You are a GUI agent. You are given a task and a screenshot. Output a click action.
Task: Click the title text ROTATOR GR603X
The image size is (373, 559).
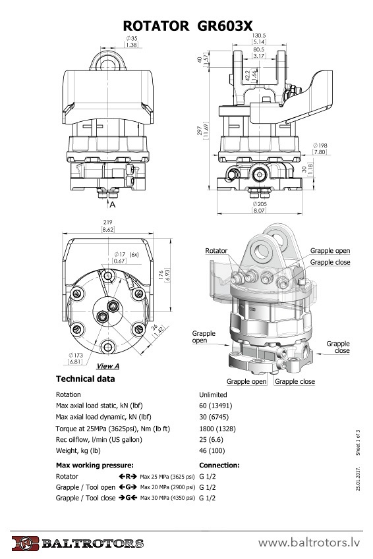[188, 26]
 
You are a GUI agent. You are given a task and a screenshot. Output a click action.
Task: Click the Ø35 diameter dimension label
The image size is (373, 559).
[132, 38]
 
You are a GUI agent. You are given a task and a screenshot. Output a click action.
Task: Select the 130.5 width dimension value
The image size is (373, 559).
[259, 36]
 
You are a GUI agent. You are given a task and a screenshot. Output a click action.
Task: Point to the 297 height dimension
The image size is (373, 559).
[200, 131]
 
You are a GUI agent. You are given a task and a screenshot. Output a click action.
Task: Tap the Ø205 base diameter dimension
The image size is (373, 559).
[260, 204]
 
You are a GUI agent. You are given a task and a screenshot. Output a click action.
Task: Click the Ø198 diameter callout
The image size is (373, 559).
[320, 146]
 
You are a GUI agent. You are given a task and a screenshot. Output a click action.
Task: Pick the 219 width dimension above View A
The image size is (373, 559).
[107, 222]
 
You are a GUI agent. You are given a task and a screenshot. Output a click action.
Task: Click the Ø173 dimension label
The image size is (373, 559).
[76, 355]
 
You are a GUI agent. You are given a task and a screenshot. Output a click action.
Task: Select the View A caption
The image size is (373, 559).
[108, 366]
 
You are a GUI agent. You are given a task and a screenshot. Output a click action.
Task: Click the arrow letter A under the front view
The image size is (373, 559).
[113, 205]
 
